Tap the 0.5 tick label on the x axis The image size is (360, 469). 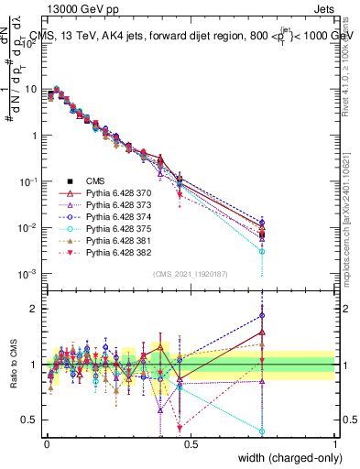pos(190,443)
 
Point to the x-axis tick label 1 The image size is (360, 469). pos(335,443)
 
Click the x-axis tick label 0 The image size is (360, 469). pos(46,443)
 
